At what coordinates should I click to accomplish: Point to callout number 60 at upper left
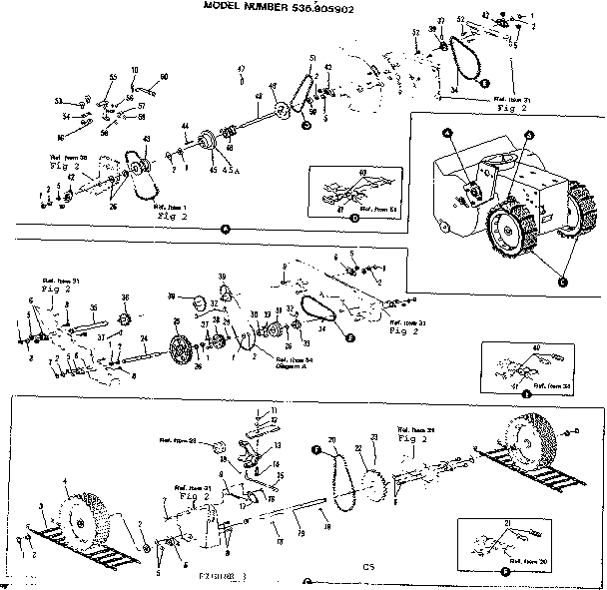164,77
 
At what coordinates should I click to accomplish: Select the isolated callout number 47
241,69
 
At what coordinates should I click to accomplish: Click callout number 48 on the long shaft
258,98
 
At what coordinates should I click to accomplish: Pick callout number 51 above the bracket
312,58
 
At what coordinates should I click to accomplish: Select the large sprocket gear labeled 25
180,352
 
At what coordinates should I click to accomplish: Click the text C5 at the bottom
367,566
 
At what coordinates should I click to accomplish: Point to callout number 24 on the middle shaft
144,338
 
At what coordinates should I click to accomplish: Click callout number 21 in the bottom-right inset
508,522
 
